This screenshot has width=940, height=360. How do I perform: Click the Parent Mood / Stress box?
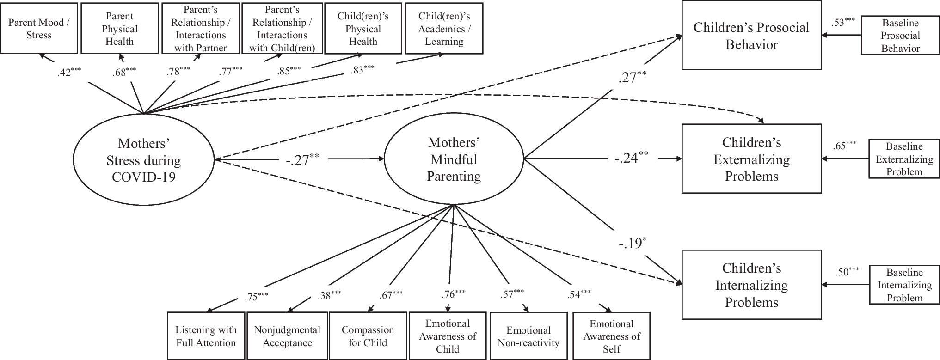[39, 29]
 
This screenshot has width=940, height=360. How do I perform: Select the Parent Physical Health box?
[119, 29]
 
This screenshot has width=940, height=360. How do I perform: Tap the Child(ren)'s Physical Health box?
[363, 29]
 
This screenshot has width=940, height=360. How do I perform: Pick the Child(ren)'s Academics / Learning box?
[444, 29]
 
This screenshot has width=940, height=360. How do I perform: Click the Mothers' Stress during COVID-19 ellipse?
[144, 160]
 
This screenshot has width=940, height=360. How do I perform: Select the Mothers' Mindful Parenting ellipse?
[454, 159]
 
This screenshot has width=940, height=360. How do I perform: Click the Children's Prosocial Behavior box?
[751, 36]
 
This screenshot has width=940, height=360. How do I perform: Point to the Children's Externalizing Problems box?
[751, 159]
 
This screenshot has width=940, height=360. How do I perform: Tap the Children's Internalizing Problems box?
[751, 285]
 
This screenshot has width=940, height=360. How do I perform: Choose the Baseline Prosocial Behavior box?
[900, 36]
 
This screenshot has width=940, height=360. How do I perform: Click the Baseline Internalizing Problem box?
[904, 285]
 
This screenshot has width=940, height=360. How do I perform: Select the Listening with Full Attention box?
[206, 336]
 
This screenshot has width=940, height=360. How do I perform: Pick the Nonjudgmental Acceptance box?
[287, 336]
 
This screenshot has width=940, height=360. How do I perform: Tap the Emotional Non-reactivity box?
[528, 336]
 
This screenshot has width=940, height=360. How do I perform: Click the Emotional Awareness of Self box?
[611, 336]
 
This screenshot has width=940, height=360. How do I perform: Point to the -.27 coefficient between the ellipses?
[301, 160]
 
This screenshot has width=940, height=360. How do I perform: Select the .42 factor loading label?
[68, 72]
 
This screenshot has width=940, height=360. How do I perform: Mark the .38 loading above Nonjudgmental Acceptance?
[329, 295]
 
